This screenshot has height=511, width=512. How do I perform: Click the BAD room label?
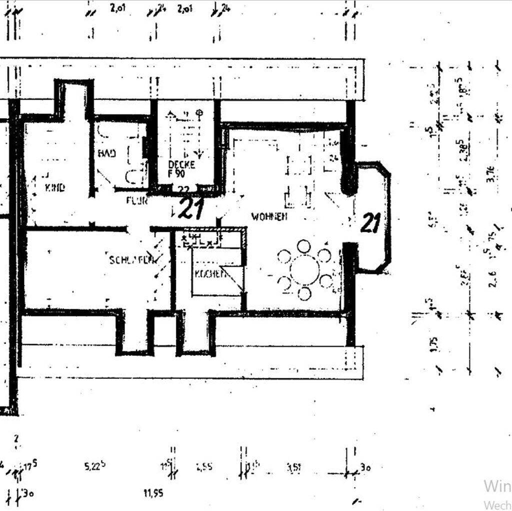coord(107,153)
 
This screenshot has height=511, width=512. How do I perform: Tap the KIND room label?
coord(55,188)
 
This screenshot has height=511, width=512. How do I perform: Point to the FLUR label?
coord(137,201)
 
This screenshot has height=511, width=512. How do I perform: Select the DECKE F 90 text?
coord(181,169)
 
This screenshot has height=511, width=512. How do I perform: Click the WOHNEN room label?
coord(269,217)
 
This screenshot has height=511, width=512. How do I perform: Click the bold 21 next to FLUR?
coord(191,209)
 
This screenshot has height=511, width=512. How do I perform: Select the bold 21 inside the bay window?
coord(370,223)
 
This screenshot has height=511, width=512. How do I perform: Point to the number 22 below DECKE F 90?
coord(183,189)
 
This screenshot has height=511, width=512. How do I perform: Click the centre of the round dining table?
coord(304,269)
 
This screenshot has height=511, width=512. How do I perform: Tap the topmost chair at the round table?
coord(304,246)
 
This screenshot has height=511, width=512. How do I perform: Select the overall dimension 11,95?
coord(153,493)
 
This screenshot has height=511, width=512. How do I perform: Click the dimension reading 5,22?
coord(94,466)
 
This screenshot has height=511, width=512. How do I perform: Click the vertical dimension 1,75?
coord(434,344)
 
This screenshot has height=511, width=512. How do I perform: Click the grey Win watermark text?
coord(497,485)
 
